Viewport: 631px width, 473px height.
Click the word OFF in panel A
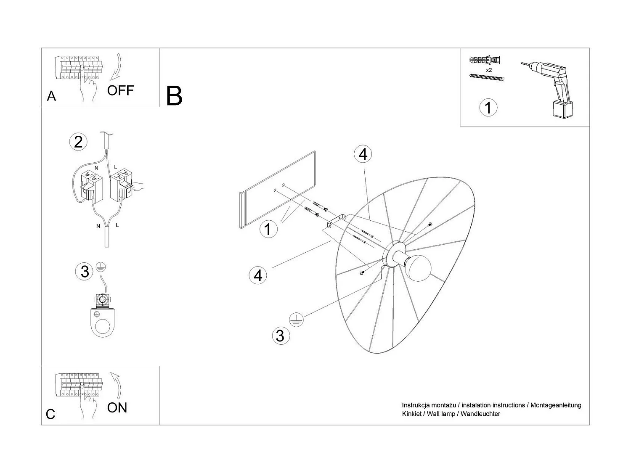[120, 90]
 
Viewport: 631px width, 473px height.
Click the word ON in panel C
[117, 408]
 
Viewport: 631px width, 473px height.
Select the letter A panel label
[51, 96]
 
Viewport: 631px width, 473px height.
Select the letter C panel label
[50, 414]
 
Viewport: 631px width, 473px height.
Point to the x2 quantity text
[489, 70]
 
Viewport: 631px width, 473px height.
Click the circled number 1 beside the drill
[488, 108]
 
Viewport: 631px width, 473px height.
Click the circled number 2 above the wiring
[78, 142]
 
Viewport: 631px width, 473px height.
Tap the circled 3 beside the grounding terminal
[85, 272]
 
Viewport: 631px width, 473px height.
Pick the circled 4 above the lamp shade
[363, 154]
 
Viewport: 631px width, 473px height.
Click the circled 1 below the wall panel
[268, 230]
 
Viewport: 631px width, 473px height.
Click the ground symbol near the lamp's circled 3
[296, 320]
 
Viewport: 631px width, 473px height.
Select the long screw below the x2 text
[486, 77]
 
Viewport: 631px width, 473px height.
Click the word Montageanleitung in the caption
[556, 405]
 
